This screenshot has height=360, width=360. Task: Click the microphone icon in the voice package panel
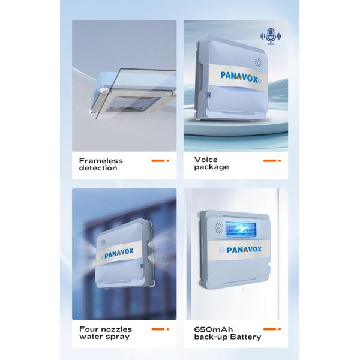click(271, 36)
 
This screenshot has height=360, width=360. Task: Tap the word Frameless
click(101, 161)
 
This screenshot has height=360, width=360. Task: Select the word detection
click(98, 168)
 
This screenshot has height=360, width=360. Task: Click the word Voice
click(206, 160)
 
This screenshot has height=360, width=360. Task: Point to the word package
click(211, 167)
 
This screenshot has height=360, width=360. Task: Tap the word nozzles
click(117, 329)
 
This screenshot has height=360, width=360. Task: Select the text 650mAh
click(213, 329)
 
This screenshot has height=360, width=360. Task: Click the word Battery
click(245, 337)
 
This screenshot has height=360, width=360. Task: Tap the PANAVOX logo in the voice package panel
click(239, 77)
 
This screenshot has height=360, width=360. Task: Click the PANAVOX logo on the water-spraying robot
click(119, 253)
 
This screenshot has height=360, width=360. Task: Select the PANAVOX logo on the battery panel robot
click(244, 250)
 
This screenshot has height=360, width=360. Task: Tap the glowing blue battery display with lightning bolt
click(241, 229)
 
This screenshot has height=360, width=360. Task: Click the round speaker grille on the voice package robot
click(258, 62)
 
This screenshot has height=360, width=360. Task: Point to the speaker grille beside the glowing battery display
click(219, 227)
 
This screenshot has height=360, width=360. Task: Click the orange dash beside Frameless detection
click(158, 161)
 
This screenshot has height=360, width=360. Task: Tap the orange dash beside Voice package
click(270, 161)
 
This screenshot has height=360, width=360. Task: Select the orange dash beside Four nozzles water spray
click(158, 329)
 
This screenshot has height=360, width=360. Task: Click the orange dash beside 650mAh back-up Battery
click(270, 329)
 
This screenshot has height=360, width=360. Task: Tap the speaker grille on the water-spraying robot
click(103, 242)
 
